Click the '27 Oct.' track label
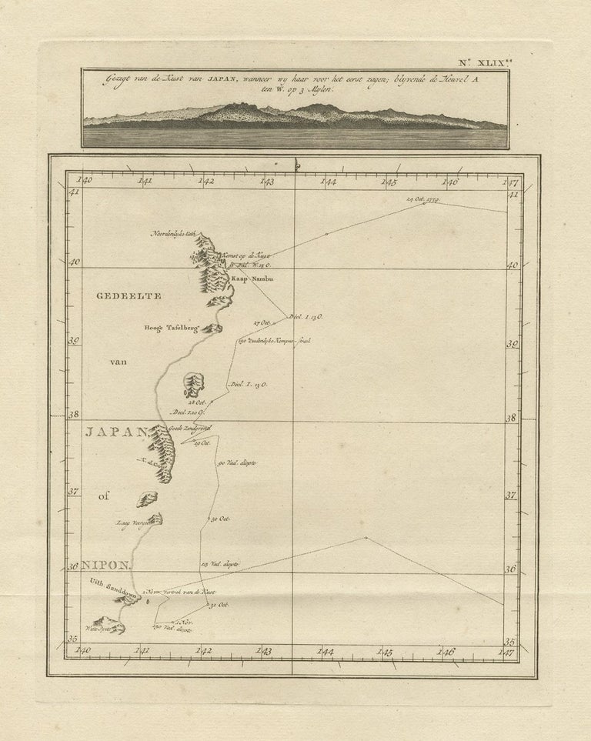[264, 322]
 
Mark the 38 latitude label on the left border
[75, 415]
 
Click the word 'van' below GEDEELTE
[121, 359]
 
